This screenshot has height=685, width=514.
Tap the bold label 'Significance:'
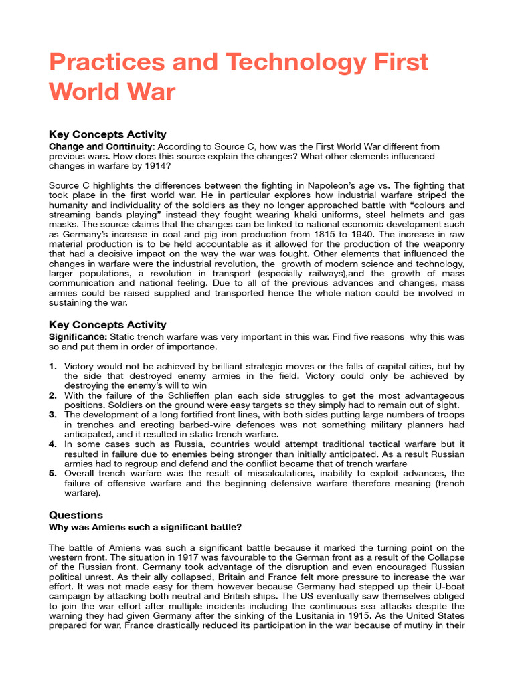coord(78,337)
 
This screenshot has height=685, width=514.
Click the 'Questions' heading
coord(76,515)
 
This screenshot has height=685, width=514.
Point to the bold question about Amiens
coord(145,527)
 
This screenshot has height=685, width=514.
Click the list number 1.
coord(53,367)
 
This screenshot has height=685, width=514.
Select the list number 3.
coord(53,415)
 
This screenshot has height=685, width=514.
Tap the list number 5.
coord(53,473)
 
